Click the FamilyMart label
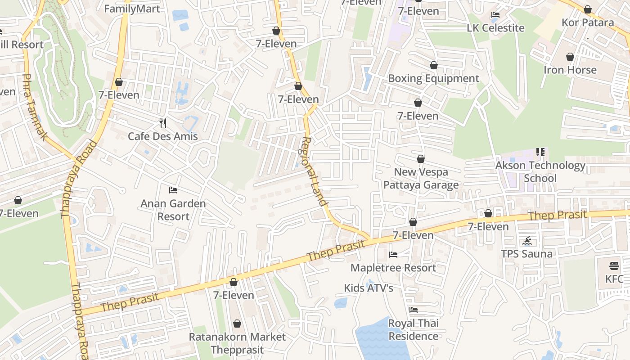[x=132, y=9]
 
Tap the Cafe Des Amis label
[x=163, y=136]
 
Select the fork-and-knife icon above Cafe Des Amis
[x=163, y=123]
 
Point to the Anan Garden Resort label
[x=173, y=210]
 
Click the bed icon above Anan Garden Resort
[x=173, y=190]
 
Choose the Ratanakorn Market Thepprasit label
[x=237, y=343]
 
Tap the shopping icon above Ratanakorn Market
[x=237, y=324]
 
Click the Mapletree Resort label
[x=393, y=268]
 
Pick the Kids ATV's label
[x=369, y=288]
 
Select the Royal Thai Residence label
[x=414, y=330]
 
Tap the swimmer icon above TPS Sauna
[x=527, y=241]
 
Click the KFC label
[x=614, y=279]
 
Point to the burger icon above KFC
[x=614, y=266]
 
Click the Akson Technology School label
[x=540, y=172]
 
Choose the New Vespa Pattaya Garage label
[x=421, y=179]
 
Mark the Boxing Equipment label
[x=433, y=78]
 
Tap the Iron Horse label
[x=570, y=70]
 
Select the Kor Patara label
[x=588, y=22]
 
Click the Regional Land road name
[x=314, y=171]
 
